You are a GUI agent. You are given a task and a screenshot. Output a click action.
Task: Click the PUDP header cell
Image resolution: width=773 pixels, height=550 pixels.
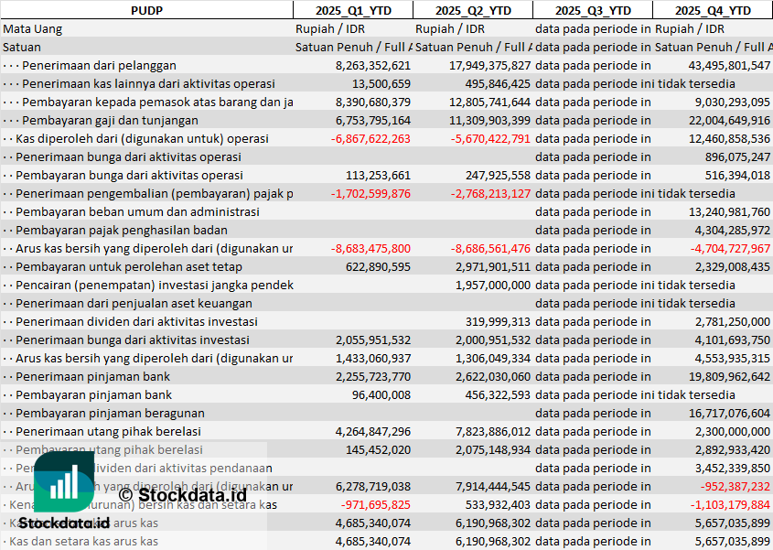pyautogui.click(x=146, y=10)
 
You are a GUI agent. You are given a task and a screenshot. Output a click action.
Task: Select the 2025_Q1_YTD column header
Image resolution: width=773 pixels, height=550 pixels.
pyautogui.click(x=352, y=10)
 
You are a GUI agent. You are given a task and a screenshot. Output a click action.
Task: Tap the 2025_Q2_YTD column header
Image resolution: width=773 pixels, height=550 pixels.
pyautogui.click(x=472, y=10)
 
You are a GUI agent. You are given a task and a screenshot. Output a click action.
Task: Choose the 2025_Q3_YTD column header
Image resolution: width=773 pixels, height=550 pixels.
pyautogui.click(x=593, y=10)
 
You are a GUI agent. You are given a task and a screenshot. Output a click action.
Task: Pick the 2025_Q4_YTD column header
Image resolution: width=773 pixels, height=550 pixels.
pyautogui.click(x=713, y=10)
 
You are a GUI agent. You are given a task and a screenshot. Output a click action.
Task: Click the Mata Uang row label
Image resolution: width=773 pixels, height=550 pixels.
pyautogui.click(x=33, y=28)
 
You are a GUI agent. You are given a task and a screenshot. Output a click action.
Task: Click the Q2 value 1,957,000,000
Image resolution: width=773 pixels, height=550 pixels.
pyautogui.click(x=492, y=285)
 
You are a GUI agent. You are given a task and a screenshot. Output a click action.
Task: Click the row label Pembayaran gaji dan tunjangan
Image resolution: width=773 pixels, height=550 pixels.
pyautogui.click(x=110, y=120)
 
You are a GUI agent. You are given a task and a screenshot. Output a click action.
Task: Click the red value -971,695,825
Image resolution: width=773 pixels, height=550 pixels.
pyautogui.click(x=375, y=504)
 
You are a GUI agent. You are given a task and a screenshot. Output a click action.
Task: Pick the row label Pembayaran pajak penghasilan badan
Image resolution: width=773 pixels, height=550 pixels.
pyautogui.click(x=122, y=230)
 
